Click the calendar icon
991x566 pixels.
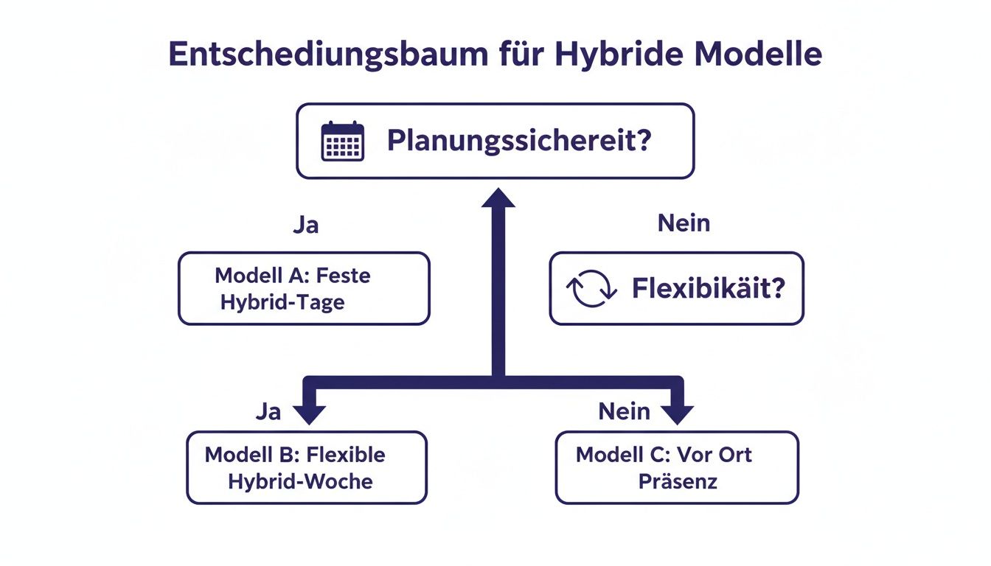343,141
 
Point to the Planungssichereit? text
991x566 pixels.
519,141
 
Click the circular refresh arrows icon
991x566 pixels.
591,288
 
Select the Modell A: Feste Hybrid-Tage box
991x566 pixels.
304,288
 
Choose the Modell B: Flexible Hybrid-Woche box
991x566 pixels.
307,467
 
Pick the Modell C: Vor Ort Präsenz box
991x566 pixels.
677,467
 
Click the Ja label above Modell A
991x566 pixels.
305,224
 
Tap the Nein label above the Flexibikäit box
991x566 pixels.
684,223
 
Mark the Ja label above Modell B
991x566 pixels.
268,411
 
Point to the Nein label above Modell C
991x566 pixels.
625,411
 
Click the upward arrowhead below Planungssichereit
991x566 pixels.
498,199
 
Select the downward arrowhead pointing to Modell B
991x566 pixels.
310,413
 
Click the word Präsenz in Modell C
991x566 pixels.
678,481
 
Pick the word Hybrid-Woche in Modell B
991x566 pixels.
300,481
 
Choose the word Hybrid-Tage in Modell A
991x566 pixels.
282,303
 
